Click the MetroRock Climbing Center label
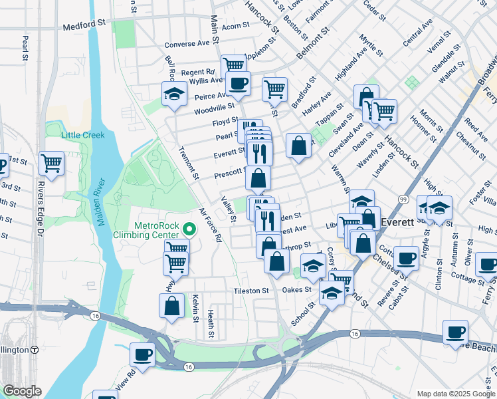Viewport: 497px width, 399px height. [156, 230]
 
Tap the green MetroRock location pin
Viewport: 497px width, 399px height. [189, 231]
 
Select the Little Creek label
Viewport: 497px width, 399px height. [83, 135]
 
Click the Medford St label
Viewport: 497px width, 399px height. [84, 28]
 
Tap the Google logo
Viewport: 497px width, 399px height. [21, 391]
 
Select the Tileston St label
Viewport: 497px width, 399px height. [250, 291]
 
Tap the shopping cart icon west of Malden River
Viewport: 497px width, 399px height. [51, 162]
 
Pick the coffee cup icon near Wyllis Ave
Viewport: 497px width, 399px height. [239, 84]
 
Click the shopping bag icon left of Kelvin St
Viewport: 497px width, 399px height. [171, 306]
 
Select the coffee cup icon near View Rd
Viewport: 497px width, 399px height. [143, 355]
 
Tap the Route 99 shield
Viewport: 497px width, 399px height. [403, 199]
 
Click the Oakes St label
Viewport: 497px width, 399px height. [296, 290]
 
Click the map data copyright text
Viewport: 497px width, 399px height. [454, 393]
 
